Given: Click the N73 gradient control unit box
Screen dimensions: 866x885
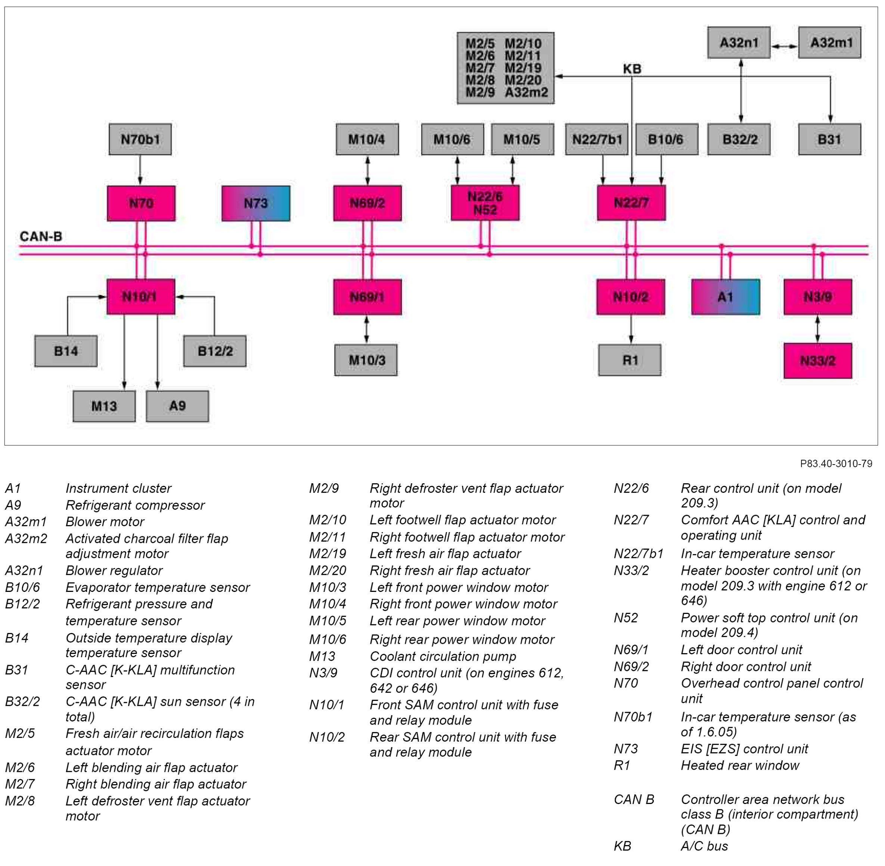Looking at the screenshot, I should coord(255,203).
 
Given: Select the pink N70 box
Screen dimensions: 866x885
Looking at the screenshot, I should coord(141,203).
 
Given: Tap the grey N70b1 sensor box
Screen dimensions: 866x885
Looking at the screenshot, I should coord(140,139).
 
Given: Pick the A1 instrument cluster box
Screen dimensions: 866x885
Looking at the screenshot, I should coord(726,297).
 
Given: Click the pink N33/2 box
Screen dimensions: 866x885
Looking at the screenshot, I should coord(818,361).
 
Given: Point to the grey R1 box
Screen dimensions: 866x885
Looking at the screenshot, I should coord(630,360).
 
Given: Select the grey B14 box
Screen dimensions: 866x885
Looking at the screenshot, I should coord(66,351).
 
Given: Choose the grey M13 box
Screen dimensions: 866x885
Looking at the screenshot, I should coord(104,406).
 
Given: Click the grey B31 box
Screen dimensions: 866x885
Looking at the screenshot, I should coord(829,139).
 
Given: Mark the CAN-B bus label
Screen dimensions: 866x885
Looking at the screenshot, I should coord(41,236).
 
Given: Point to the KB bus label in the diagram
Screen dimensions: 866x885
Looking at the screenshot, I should coord(632,69).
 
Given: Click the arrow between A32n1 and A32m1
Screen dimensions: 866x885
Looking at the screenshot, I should coord(785,46).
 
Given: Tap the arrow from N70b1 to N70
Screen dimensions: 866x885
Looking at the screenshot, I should coord(140,170).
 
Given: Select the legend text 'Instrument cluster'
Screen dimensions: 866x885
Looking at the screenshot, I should coord(118,488).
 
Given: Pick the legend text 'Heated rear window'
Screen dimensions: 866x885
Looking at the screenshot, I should coord(740,766).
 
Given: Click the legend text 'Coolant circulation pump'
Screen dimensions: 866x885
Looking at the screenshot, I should coord(443,657).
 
